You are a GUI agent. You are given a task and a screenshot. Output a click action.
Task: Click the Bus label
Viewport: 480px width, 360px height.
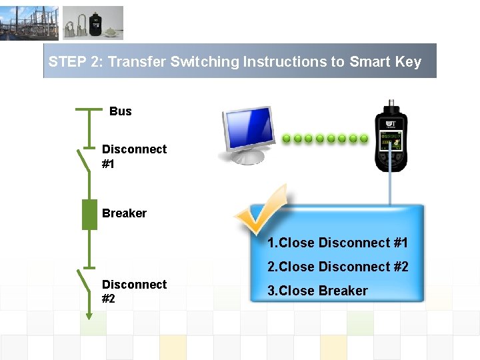point(120,111)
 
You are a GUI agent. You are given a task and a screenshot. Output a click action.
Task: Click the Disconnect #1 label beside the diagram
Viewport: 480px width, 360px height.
point(134,156)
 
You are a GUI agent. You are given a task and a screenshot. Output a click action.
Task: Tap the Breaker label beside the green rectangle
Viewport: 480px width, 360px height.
point(124,213)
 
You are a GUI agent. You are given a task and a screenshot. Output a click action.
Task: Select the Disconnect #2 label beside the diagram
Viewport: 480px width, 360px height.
point(134,291)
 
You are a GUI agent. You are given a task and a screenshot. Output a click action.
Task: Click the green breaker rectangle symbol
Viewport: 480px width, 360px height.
point(89,215)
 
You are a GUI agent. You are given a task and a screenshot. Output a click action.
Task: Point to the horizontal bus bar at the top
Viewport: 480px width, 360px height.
point(89,109)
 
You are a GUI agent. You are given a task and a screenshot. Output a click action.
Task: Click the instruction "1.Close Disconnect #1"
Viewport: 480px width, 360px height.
point(337,243)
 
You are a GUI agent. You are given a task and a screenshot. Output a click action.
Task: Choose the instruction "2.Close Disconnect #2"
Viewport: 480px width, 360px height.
point(337,267)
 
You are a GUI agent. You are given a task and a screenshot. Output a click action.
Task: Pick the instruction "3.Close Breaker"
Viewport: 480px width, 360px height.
point(317,291)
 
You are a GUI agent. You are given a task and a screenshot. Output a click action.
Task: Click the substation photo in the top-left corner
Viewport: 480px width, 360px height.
point(29,23)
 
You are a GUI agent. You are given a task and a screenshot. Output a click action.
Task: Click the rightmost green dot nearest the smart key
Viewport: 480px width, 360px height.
point(364,139)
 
